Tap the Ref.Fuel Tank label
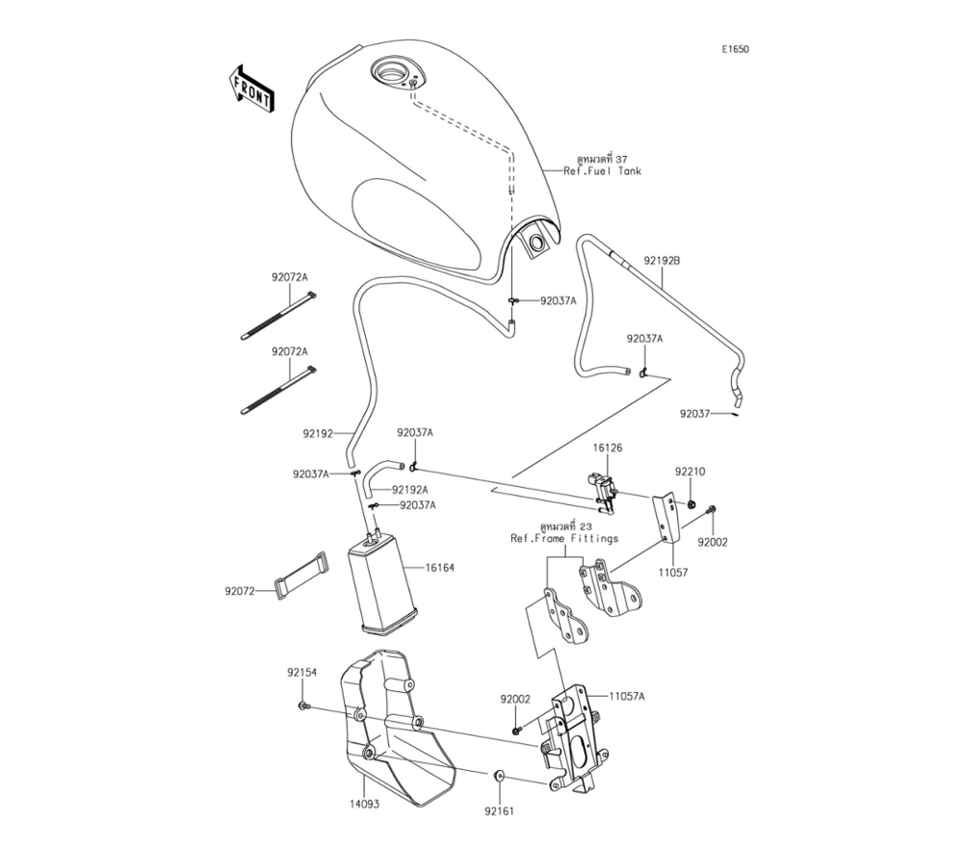(x=602, y=171)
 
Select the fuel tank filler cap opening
(x=393, y=71)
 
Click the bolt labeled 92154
(x=303, y=707)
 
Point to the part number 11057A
(x=627, y=695)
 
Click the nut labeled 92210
(x=692, y=503)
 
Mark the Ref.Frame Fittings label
(x=564, y=538)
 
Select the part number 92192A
(x=410, y=489)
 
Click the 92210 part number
(x=690, y=472)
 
